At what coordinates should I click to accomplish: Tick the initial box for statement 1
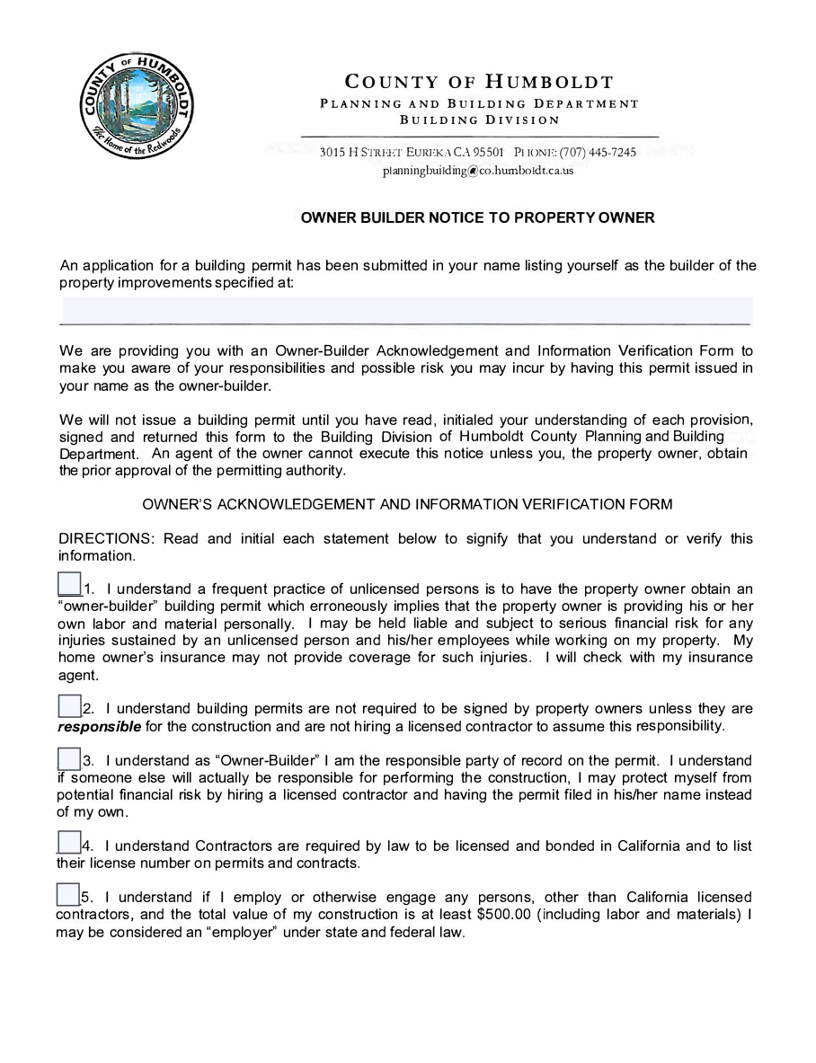69,583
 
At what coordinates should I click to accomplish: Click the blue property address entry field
405,310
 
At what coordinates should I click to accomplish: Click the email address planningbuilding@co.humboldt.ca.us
477,170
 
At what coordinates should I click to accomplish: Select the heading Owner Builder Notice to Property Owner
477,217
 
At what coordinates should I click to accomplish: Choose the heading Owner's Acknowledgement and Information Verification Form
407,504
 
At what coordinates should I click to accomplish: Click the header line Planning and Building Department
479,103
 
